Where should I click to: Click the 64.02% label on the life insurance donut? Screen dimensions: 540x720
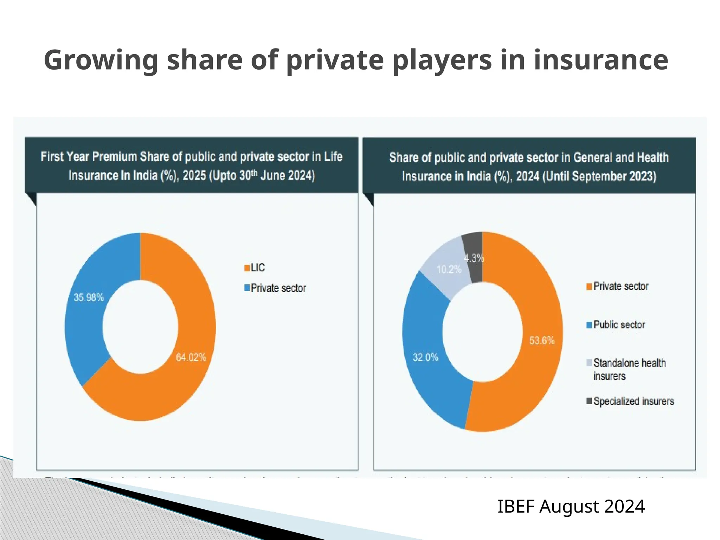191,357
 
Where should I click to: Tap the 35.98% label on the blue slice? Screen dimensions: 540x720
89,297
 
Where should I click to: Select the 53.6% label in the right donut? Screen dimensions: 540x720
542,340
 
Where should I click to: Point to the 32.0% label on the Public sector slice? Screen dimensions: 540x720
425,358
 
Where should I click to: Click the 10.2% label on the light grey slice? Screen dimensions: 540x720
449,270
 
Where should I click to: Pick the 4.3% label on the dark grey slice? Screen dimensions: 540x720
474,258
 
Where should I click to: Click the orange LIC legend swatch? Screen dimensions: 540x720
247,268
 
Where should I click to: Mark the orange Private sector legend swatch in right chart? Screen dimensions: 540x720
589,287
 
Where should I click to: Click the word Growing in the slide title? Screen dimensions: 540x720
101,60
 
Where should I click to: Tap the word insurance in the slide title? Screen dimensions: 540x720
601,60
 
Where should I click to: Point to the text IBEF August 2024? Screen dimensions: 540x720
571,507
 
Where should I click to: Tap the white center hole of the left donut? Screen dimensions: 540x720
140,327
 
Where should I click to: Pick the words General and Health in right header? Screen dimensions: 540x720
621,157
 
